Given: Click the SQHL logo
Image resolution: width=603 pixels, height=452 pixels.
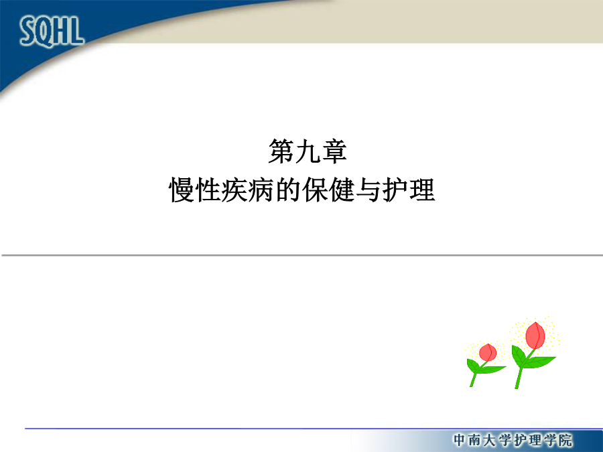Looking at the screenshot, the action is pyautogui.click(x=52, y=31).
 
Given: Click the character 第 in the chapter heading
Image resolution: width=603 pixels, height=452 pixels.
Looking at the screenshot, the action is pyautogui.click(x=281, y=151).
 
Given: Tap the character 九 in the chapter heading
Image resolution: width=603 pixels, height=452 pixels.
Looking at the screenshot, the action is pyautogui.click(x=308, y=151).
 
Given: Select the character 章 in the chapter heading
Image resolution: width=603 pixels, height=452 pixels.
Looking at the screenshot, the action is pyautogui.click(x=334, y=151).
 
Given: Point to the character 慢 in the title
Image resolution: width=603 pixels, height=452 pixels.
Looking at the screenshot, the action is pyautogui.click(x=182, y=190).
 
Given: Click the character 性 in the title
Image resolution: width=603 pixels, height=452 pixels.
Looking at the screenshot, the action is pyautogui.click(x=208, y=190).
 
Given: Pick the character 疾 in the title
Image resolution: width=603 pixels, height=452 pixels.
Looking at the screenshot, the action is pyautogui.click(x=234, y=190).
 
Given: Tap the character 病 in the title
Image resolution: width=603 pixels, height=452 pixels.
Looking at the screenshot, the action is pyautogui.click(x=261, y=190).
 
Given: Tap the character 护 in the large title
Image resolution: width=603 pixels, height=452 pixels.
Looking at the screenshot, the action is pyautogui.click(x=395, y=190).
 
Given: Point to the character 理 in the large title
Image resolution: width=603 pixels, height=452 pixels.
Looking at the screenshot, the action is pyautogui.click(x=422, y=190).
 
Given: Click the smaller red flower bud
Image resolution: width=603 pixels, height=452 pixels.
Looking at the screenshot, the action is pyautogui.click(x=488, y=352).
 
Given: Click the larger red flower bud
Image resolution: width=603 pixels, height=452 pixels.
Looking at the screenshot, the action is pyautogui.click(x=535, y=335).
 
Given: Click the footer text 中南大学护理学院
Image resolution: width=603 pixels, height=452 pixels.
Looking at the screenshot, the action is pyautogui.click(x=513, y=440).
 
